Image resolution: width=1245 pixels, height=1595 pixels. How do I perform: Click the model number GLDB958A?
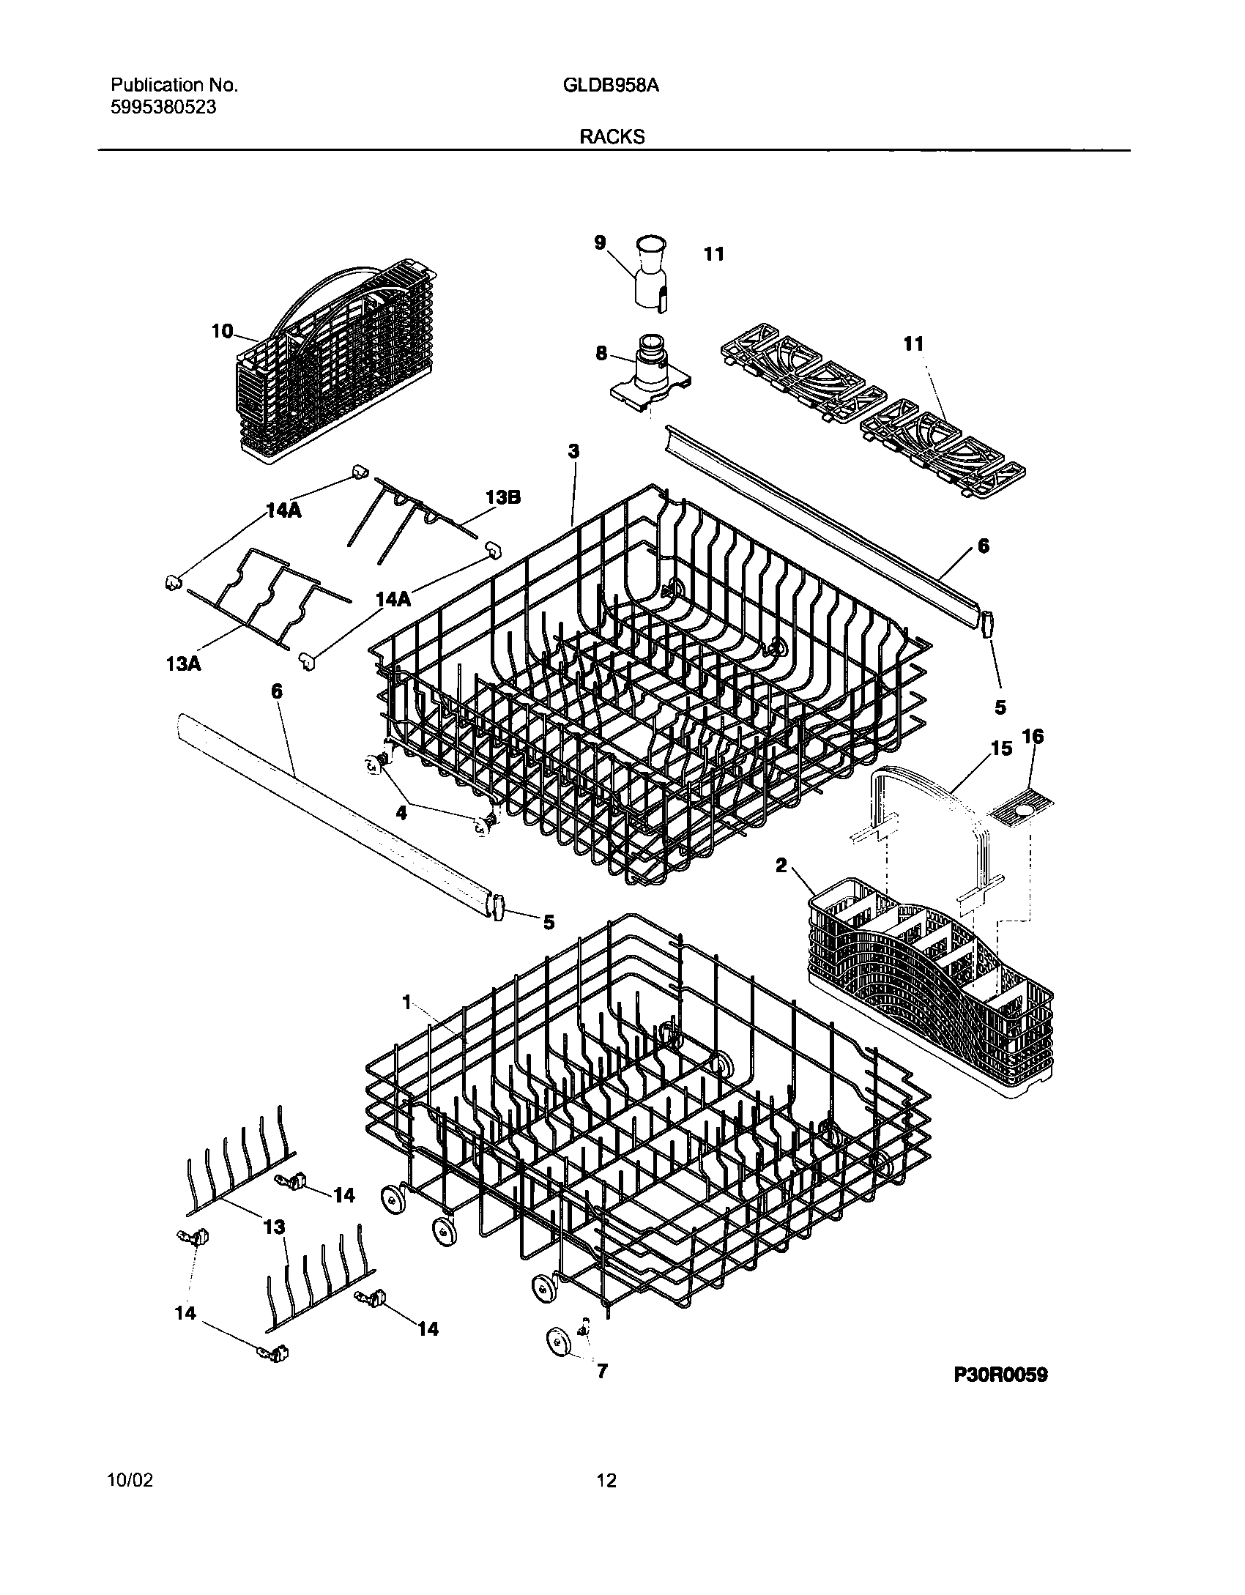pos(611,86)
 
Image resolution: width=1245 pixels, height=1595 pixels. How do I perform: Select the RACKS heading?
pos(612,137)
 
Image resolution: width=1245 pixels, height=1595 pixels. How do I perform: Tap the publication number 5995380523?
pos(163,108)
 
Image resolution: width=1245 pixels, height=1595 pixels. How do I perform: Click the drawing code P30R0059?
pos(1000,1375)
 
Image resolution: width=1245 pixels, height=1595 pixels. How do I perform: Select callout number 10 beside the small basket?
pos(222,332)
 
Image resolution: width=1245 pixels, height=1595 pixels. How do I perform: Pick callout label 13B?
pos(503,497)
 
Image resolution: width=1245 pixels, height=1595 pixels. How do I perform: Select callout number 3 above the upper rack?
pos(573,451)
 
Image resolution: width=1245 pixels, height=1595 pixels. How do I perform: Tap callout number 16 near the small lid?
pos(1033,736)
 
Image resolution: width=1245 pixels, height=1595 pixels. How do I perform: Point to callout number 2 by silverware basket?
pos(781,866)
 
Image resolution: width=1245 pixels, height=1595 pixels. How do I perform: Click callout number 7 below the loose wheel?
pos(602,1370)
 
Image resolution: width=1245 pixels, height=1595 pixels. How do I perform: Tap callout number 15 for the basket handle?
pos(1001,748)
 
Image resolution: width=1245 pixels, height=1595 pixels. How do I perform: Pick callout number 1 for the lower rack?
pos(407,1003)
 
